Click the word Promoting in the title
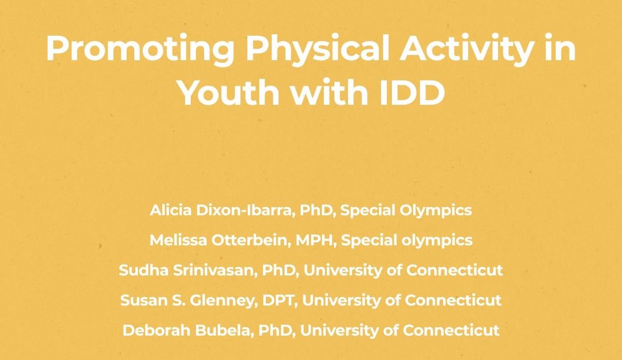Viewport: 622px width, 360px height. point(139,49)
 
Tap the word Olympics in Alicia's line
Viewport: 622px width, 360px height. point(439,210)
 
